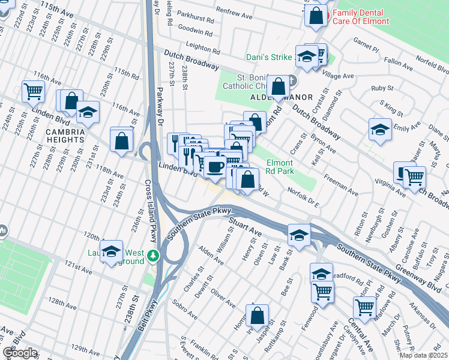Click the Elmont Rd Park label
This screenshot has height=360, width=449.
click(x=280, y=167)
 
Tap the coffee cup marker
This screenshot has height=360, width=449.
click(x=215, y=167)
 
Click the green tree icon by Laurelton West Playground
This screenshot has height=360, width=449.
click(x=154, y=256)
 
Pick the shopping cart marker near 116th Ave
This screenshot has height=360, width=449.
click(x=34, y=92)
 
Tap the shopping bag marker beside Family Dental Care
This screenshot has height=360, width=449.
click(x=316, y=15)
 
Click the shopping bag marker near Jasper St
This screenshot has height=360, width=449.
click(x=257, y=315)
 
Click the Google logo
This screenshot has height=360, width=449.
click(x=20, y=352)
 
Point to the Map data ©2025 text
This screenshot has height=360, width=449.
click(x=423, y=355)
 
